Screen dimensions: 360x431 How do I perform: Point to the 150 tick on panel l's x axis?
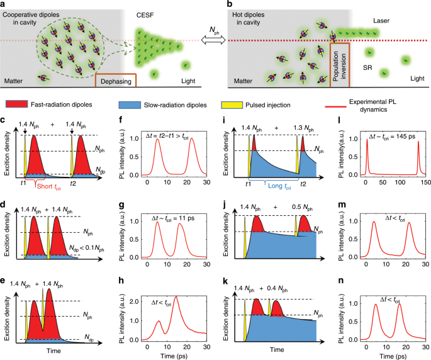tap(423, 183)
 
